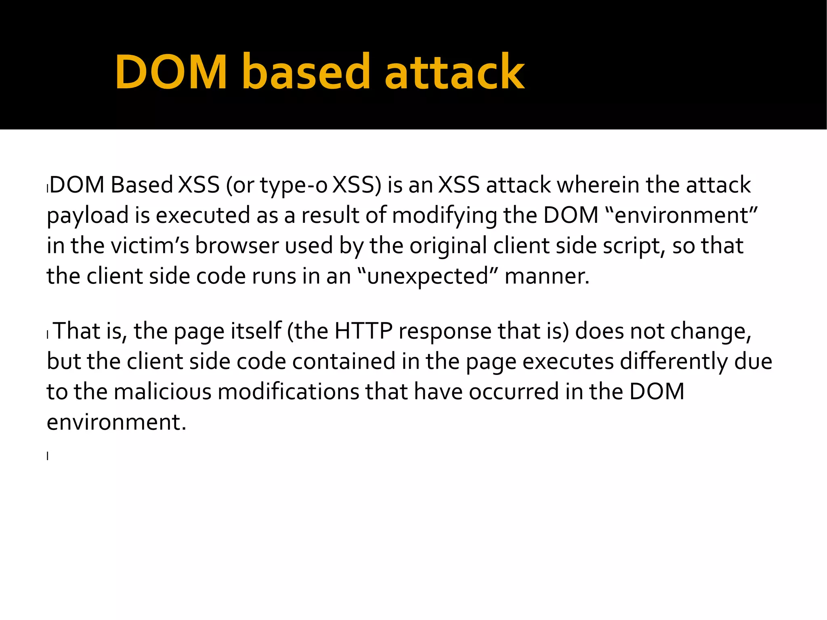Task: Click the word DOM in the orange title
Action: tap(171, 72)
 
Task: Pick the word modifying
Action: tap(444, 216)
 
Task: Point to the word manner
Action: tap(547, 276)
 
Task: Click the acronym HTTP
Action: tap(363, 331)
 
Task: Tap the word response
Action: tap(445, 332)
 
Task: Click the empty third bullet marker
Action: tap(48, 456)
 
